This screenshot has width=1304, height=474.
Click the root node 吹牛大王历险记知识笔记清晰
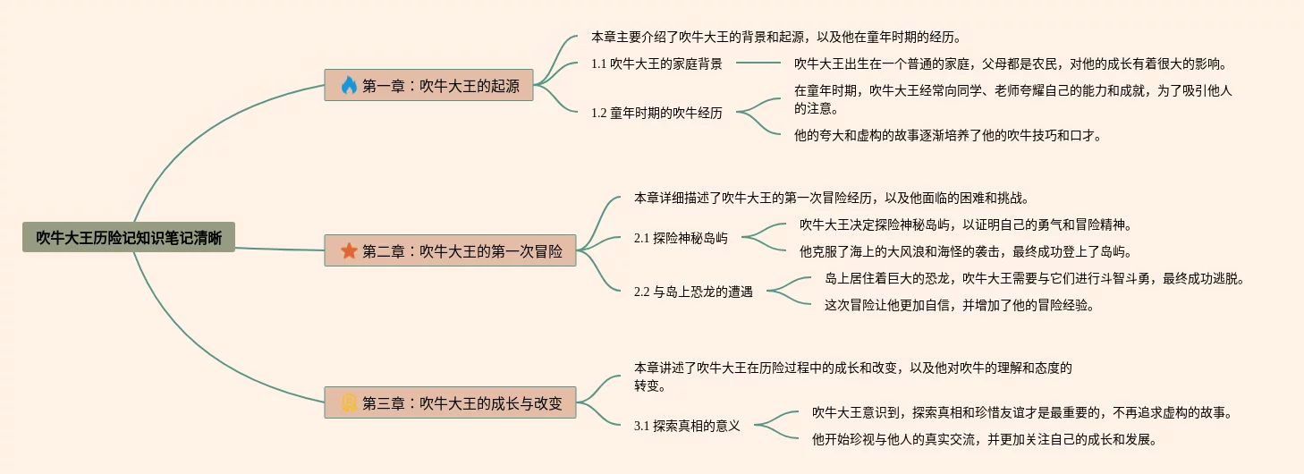pyautogui.click(x=129, y=237)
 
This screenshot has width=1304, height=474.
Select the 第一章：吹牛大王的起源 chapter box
pyautogui.click(x=429, y=86)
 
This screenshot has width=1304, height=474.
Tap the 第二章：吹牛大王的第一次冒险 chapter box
pyautogui.click(x=450, y=250)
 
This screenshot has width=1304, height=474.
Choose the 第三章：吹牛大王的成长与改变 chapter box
pyautogui.click(x=450, y=402)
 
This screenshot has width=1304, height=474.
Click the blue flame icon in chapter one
pyautogui.click(x=349, y=86)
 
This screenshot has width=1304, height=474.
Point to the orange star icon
pyautogui.click(x=349, y=250)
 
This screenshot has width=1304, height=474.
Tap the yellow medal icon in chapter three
pyautogui.click(x=349, y=402)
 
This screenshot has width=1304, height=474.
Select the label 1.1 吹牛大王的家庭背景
pyautogui.click(x=656, y=63)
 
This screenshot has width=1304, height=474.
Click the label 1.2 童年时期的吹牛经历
pyautogui.click(x=656, y=113)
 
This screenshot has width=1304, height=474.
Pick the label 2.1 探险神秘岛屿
pyautogui.click(x=681, y=238)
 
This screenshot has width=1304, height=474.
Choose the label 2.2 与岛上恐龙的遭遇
pyautogui.click(x=693, y=292)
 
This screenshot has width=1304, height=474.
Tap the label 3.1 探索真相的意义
pyautogui.click(x=687, y=426)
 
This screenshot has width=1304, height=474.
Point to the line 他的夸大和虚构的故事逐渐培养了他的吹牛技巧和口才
pyautogui.click(x=947, y=136)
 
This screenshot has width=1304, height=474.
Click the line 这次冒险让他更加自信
pyautogui.click(x=959, y=305)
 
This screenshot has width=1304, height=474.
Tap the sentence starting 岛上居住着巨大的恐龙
pyautogui.click(x=1034, y=278)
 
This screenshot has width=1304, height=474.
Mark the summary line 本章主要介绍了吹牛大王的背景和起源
pyautogui.click(x=775, y=38)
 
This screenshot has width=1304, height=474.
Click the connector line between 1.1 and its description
pyautogui.click(x=758, y=63)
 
